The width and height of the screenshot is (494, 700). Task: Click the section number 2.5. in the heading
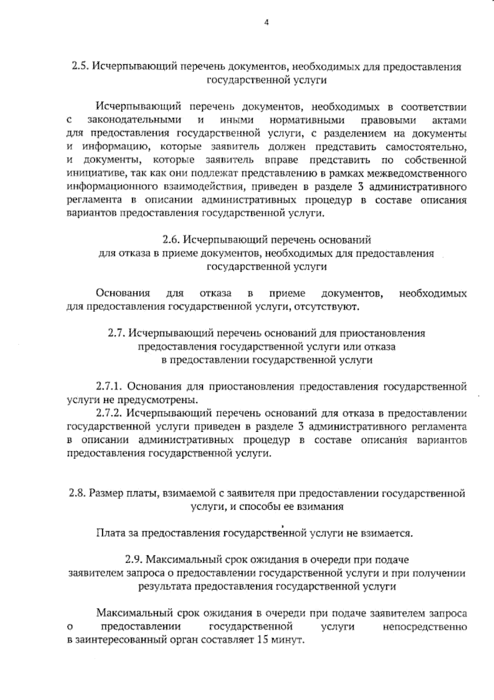(80, 67)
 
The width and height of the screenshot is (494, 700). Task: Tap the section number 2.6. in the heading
(170, 239)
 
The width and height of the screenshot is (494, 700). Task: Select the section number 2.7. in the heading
(117, 333)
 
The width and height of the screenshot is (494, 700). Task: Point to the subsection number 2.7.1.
(109, 387)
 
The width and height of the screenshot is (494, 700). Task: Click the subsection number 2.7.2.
(109, 413)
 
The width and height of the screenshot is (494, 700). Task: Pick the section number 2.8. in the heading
(77, 493)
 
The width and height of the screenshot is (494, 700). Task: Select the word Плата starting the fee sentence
(109, 534)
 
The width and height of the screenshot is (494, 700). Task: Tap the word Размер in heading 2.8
(106, 493)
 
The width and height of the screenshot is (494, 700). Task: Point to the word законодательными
(135, 121)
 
